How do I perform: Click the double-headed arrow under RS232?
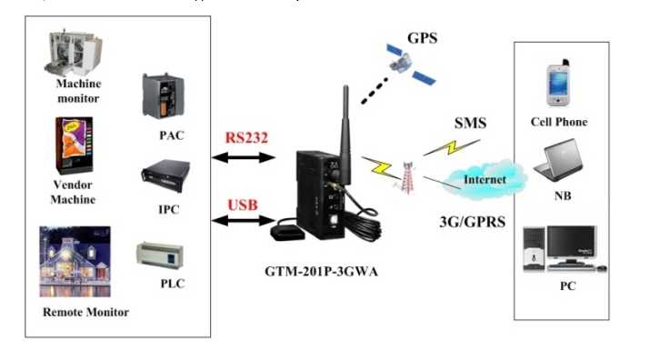point(242,157)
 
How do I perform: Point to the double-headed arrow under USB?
point(242,220)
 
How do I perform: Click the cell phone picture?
point(557,85)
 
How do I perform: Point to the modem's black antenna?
point(345,119)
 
